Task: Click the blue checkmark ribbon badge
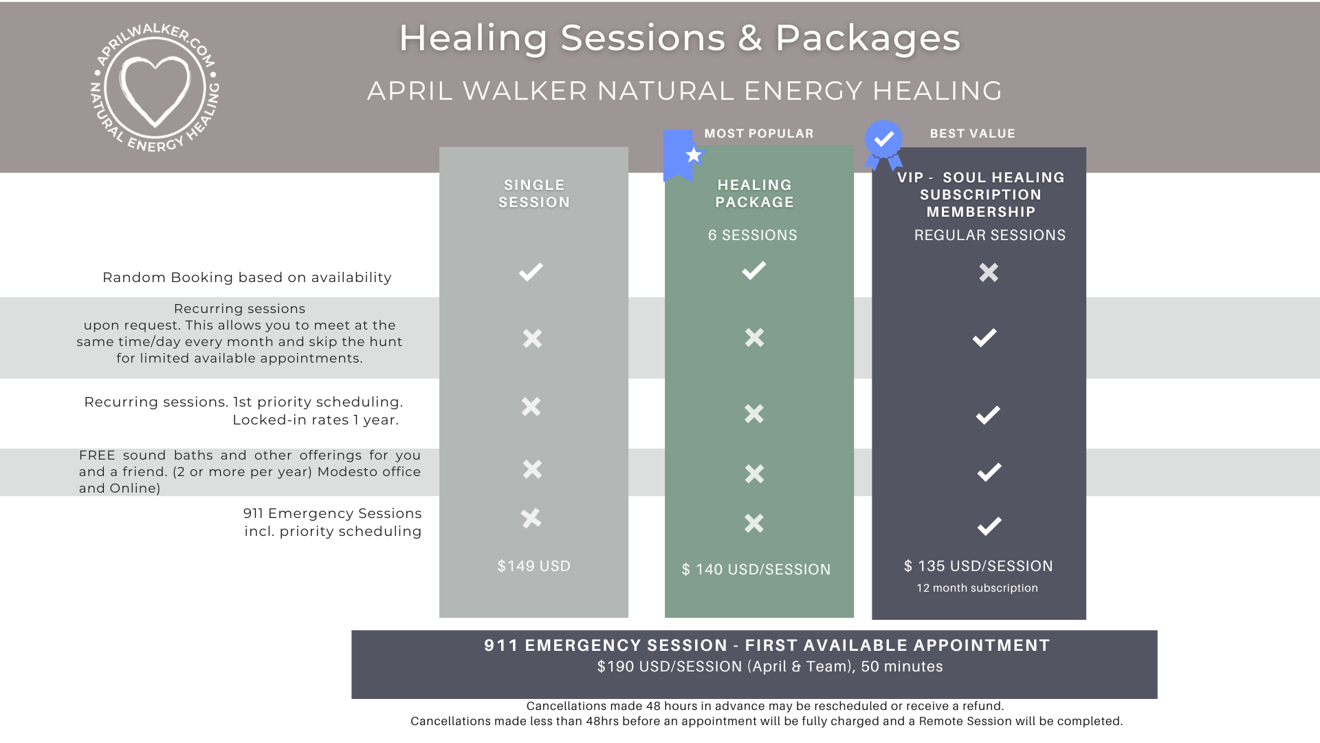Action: click(x=883, y=144)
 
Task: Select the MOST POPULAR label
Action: click(x=758, y=133)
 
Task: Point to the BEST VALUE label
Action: click(x=972, y=133)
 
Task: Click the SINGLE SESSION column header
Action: click(x=534, y=193)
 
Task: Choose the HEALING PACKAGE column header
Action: click(x=754, y=193)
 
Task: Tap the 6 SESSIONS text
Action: click(x=752, y=235)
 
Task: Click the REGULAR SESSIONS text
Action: click(x=989, y=235)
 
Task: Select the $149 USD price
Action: click(x=534, y=566)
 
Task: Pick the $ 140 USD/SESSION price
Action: click(x=756, y=570)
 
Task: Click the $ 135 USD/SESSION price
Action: click(x=978, y=566)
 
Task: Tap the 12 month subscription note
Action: click(x=977, y=588)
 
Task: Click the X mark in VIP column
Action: click(x=989, y=272)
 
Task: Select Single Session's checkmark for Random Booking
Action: click(x=531, y=272)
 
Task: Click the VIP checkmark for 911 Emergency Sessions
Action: click(x=989, y=526)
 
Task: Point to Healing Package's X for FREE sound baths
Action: click(x=754, y=474)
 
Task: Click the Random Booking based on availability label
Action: click(x=247, y=277)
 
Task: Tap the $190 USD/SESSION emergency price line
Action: click(x=769, y=667)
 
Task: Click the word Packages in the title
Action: click(x=868, y=38)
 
